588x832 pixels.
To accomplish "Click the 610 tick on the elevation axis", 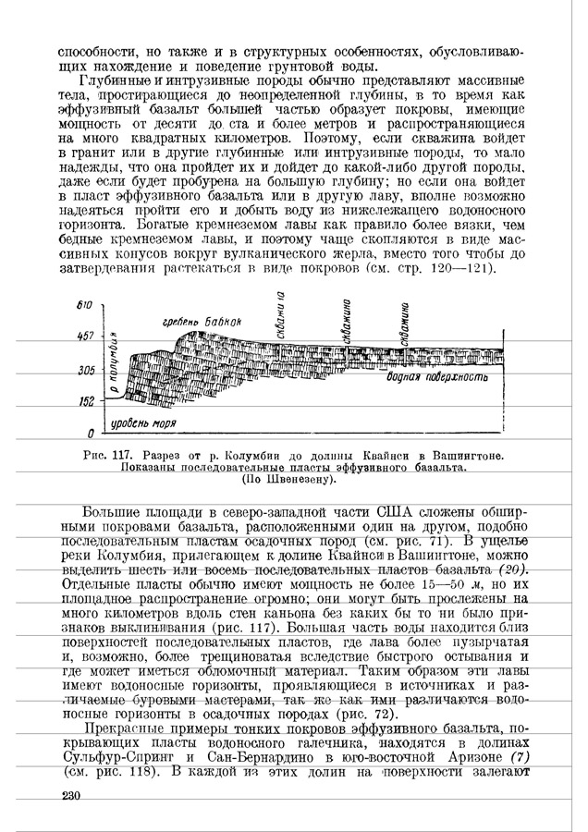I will click(x=84, y=304).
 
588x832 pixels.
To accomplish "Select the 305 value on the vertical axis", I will click(x=86, y=370).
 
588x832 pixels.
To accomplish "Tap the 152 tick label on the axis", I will click(x=86, y=402).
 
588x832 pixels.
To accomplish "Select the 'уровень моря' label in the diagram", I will click(x=141, y=422).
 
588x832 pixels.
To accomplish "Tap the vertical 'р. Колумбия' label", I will click(x=115, y=367).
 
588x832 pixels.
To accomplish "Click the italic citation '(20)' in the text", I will click(x=508, y=569).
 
